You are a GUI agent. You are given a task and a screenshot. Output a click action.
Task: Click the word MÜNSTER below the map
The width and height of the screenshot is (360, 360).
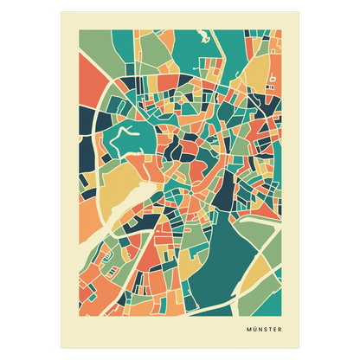click(260, 330)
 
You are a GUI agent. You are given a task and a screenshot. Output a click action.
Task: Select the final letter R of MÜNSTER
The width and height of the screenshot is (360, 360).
click(279, 330)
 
